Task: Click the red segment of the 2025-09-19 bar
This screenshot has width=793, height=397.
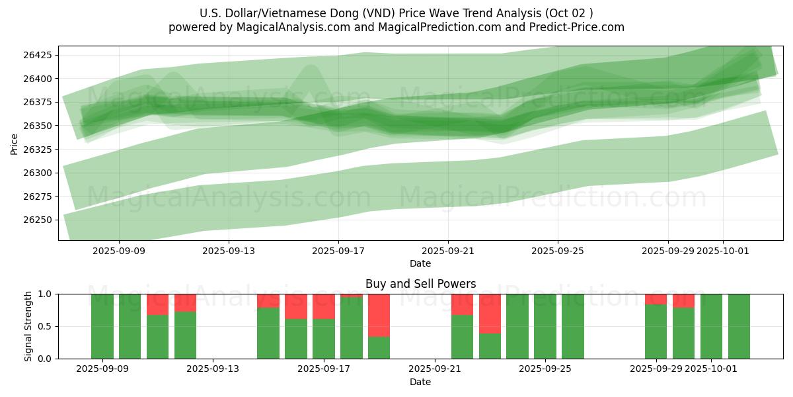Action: pos(379,315)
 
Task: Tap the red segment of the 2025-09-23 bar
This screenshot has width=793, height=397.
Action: pos(490,313)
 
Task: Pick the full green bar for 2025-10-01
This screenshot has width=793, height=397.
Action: pos(711,326)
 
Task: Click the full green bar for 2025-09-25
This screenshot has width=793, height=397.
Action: pos(545,326)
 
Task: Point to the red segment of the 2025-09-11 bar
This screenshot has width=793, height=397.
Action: pos(157,304)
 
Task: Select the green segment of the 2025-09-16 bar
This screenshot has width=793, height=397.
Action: pos(296,339)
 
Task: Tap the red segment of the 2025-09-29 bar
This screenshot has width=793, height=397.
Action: pos(656,299)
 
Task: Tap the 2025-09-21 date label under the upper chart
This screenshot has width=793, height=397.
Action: pos(448,251)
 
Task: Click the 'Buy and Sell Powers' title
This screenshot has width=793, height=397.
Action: pos(420,284)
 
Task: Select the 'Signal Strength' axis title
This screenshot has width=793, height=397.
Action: pos(28,326)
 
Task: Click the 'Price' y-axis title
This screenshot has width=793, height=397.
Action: pos(15,143)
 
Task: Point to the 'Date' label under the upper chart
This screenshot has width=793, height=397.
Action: pos(420,263)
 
